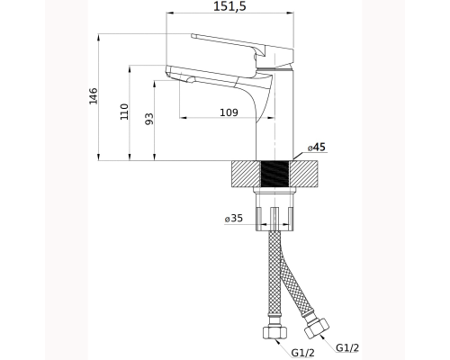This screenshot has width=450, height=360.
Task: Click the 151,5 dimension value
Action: [229, 6]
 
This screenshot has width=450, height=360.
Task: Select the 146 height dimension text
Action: [94, 96]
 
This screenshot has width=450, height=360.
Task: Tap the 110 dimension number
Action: [124, 112]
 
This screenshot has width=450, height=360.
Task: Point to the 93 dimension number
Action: [149, 119]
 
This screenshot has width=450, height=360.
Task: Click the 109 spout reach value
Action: [229, 112]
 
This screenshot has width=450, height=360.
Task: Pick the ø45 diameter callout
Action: [316, 148]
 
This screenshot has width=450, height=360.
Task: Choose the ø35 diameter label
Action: [234, 218]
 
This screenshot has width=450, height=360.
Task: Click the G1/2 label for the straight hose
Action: [303, 353]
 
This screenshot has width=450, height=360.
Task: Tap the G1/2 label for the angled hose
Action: [347, 347]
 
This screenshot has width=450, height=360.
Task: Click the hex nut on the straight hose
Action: [274, 332]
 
